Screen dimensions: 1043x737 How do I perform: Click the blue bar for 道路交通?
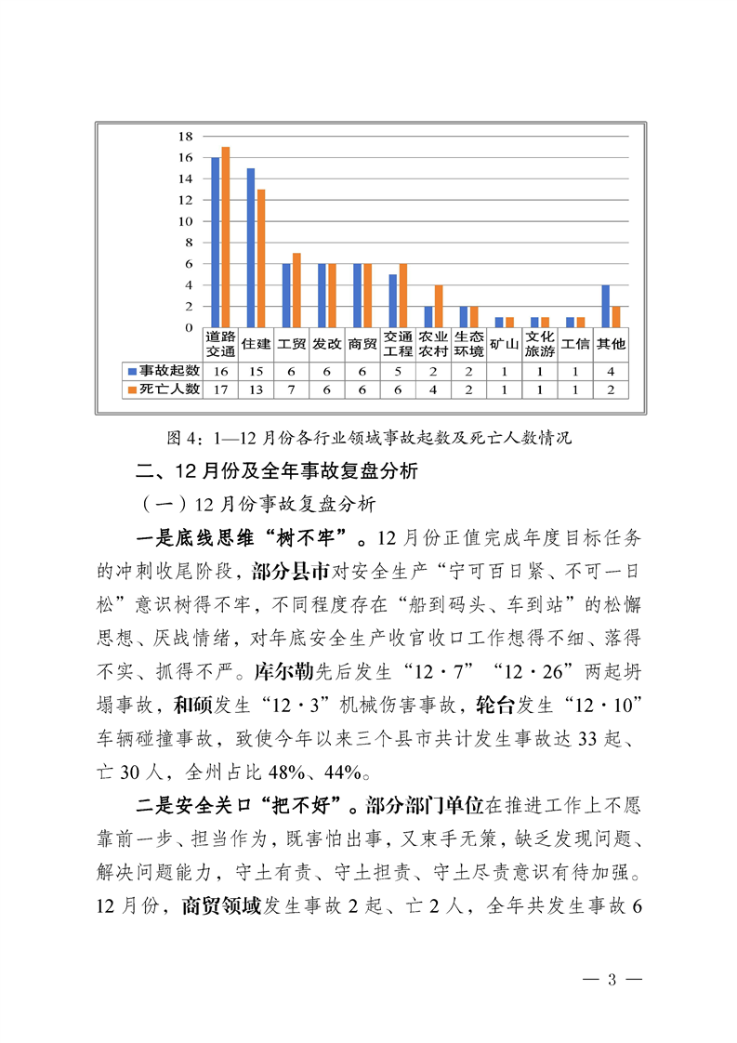click(216, 242)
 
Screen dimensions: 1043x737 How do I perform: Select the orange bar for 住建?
click(261, 257)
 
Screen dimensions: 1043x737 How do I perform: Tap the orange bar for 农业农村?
click(439, 306)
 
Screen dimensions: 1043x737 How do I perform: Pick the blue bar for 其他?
click(606, 306)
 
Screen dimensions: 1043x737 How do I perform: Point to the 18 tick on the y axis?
click(185, 136)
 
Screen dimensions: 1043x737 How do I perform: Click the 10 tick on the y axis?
click(185, 221)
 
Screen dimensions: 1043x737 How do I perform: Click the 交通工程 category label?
click(398, 344)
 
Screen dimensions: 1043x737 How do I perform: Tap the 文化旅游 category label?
click(540, 344)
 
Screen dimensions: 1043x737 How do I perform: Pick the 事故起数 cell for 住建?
click(257, 370)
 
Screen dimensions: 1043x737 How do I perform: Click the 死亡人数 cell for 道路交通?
click(221, 389)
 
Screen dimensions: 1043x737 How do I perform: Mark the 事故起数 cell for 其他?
click(611, 370)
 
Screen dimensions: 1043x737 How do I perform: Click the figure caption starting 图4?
click(367, 435)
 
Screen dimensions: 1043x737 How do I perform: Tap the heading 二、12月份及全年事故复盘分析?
click(278, 471)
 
